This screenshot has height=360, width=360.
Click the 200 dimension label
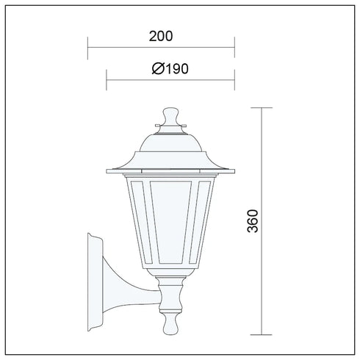(161, 36)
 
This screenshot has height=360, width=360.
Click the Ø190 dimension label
(170, 68)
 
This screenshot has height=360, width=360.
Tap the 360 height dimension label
(253, 221)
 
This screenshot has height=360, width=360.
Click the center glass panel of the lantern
(170, 222)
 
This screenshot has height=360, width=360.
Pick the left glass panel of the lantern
(139, 222)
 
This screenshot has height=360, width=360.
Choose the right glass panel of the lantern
(202, 222)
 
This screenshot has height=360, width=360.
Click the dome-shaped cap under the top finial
(170, 143)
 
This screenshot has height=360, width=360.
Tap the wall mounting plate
(95, 282)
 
